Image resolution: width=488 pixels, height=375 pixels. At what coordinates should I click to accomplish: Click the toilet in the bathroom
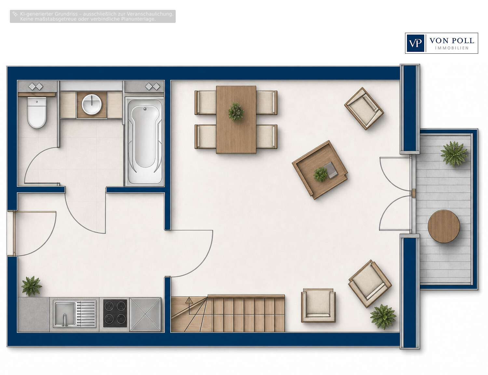click(x=37, y=112)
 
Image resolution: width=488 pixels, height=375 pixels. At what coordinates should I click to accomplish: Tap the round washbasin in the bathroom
click(x=92, y=104)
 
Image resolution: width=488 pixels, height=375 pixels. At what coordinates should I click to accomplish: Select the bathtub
click(x=145, y=142)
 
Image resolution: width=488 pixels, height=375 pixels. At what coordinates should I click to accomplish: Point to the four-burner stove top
click(x=115, y=313)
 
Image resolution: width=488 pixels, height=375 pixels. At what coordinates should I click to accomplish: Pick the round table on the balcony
click(x=443, y=226)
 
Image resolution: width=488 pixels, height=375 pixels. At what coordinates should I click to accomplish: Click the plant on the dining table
click(x=236, y=111)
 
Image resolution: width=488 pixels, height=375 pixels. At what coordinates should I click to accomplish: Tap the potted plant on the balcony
click(x=454, y=154)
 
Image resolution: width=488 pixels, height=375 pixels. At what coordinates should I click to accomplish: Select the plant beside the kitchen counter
click(x=32, y=286)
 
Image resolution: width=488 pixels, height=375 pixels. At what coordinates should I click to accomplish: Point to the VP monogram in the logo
click(x=415, y=43)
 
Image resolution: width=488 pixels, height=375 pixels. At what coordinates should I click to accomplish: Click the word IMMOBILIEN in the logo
click(x=452, y=48)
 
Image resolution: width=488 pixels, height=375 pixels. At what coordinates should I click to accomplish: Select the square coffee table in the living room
click(x=320, y=170)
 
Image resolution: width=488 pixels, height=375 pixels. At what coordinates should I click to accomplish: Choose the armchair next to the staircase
click(x=318, y=305)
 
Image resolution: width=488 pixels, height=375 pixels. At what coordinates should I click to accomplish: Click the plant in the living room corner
click(x=383, y=317)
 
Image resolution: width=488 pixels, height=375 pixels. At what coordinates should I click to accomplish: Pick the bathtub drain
click(x=145, y=109)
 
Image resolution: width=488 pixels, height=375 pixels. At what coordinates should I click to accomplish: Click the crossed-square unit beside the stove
click(x=145, y=314)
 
